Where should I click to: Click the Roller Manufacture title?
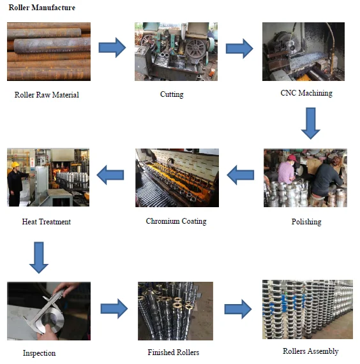click(42, 8)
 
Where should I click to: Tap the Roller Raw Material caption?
click(47, 95)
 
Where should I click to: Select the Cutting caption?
click(172, 94)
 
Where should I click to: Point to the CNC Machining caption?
click(306, 93)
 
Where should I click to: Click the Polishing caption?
click(306, 222)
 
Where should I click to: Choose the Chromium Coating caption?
click(176, 221)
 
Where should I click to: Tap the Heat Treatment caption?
click(47, 222)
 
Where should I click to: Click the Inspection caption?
click(40, 353)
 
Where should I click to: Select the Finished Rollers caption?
click(174, 353)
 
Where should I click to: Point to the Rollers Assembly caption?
click(310, 351)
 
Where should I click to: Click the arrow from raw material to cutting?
click(112, 48)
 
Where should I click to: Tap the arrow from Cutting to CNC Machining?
click(239, 48)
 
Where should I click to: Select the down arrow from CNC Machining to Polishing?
click(310, 123)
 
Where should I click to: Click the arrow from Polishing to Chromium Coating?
click(240, 175)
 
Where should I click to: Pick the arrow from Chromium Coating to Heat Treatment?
click(110, 175)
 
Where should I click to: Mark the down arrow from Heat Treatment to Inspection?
click(39, 258)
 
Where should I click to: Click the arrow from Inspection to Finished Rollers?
click(114, 309)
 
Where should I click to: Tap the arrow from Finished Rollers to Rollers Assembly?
click(238, 309)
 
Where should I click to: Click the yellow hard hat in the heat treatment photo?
click(15, 164)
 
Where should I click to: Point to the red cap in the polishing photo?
click(292, 158)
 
